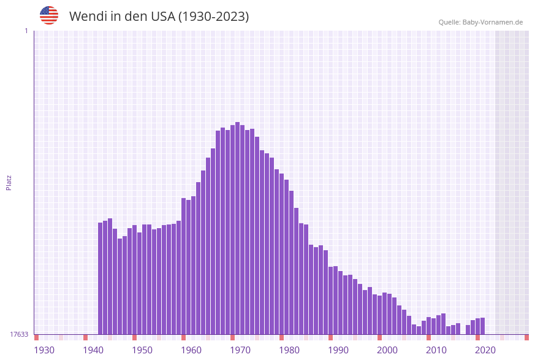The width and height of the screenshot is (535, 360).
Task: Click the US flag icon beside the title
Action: pyautogui.click(x=49, y=15)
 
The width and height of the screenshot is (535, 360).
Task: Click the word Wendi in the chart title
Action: pyautogui.click(x=88, y=17)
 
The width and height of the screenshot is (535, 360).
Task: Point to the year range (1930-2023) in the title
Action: pyautogui.click(x=213, y=17)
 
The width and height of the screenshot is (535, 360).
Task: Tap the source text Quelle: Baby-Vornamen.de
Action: pyautogui.click(x=480, y=23)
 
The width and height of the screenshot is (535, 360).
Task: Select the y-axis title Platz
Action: pyautogui.click(x=9, y=183)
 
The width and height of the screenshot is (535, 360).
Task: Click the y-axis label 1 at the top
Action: pyautogui.click(x=26, y=31)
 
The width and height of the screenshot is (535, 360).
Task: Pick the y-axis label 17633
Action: pyautogui.click(x=19, y=334)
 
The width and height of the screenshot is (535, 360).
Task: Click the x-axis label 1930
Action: pyautogui.click(x=44, y=350)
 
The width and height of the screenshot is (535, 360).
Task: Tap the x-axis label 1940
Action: pyautogui.click(x=93, y=350)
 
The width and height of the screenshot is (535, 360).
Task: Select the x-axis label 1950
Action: pyautogui.click(x=142, y=350)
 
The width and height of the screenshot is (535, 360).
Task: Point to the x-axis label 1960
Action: pyautogui.click(x=191, y=350)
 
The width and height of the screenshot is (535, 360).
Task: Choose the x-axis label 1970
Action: pyautogui.click(x=240, y=350)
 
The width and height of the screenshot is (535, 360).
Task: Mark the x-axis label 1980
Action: pyautogui.click(x=289, y=350)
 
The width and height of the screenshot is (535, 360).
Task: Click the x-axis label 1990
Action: pyautogui.click(x=338, y=350)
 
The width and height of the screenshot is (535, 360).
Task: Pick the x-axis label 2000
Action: pyautogui.click(x=387, y=350)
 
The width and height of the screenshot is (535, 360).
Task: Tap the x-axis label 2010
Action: pyautogui.click(x=436, y=350)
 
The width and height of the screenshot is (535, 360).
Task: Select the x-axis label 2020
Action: pyautogui.click(x=485, y=350)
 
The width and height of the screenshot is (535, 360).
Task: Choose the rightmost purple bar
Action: pyautogui.click(x=483, y=326)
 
